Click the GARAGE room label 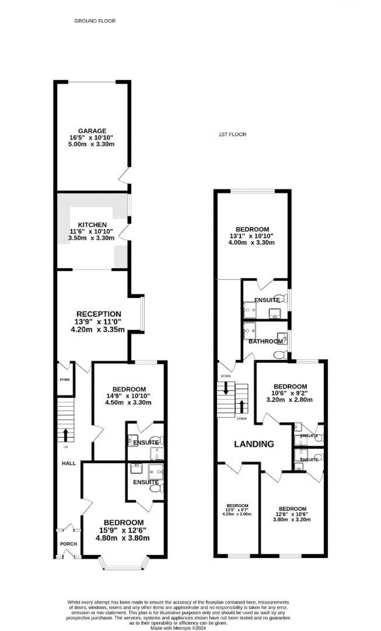pyautogui.click(x=92, y=131)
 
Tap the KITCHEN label pyautogui.click(x=92, y=225)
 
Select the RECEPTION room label pyautogui.click(x=99, y=314)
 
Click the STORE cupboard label pyautogui.click(x=65, y=380)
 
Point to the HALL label pyautogui.click(x=69, y=463)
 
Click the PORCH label pyautogui.click(x=68, y=544)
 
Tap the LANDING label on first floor pyautogui.click(x=254, y=444)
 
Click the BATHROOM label pyautogui.click(x=266, y=341)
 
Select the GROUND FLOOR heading pyautogui.click(x=95, y=21)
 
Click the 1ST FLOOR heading pyautogui.click(x=232, y=134)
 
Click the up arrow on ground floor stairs pyautogui.click(x=66, y=435)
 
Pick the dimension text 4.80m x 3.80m pyautogui.click(x=123, y=538)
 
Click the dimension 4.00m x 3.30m pyautogui.click(x=251, y=243)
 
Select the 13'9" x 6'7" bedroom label pyautogui.click(x=237, y=510)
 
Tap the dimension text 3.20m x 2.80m pyautogui.click(x=289, y=400)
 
